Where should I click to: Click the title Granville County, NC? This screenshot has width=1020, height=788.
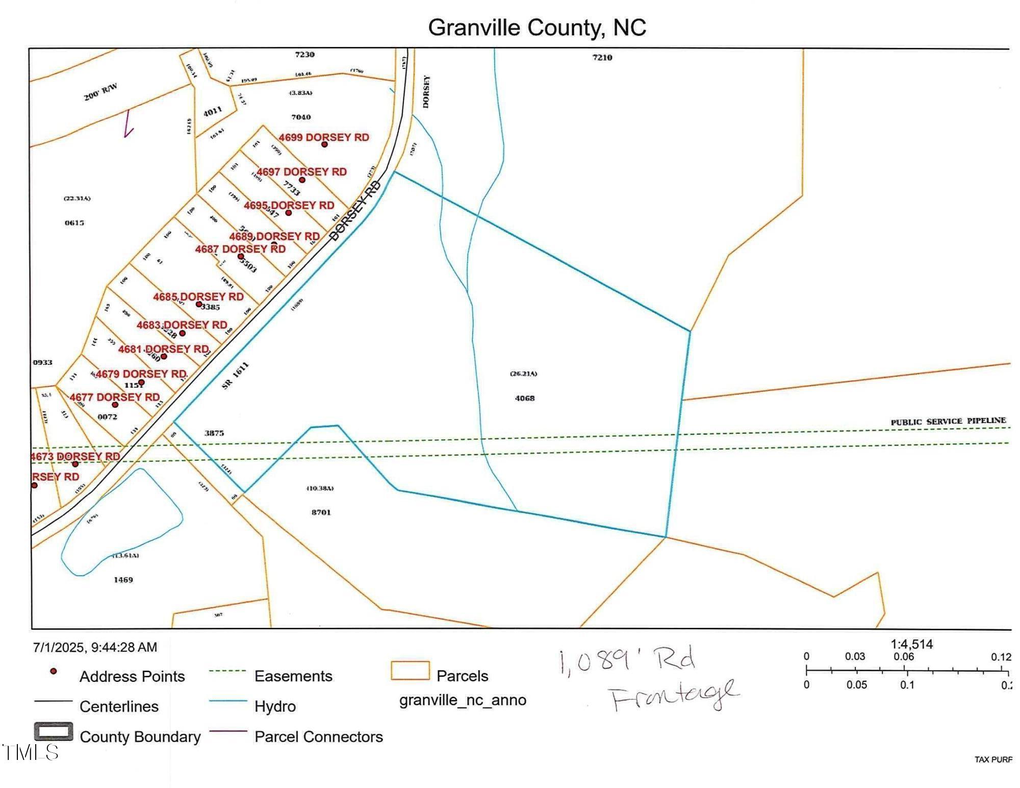tap(537, 28)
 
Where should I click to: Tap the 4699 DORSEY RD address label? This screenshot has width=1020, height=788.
tap(323, 137)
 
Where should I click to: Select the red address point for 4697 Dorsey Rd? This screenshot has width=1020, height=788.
tap(302, 180)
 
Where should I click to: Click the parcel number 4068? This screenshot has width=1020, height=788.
tap(524, 398)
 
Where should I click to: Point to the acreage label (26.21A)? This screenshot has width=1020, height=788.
tap(523, 374)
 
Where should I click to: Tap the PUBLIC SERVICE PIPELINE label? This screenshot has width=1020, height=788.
tap(948, 421)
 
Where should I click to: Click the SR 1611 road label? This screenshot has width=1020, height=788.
tap(236, 376)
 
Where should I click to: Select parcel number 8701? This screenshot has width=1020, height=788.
tap(321, 512)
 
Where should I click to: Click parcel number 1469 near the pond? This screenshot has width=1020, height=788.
tap(123, 580)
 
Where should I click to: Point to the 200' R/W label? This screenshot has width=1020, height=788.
tap(100, 92)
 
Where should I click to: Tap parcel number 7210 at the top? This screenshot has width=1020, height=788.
tap(602, 57)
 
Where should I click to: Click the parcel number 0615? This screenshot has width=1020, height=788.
tap(74, 223)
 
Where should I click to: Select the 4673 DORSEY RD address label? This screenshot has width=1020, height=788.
tap(75, 456)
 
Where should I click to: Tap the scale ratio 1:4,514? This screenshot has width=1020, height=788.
tap(911, 644)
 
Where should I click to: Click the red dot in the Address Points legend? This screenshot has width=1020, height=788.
tap(53, 672)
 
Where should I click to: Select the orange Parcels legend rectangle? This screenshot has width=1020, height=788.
tap(410, 671)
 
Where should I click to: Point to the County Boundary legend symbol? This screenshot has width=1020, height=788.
tap(54, 732)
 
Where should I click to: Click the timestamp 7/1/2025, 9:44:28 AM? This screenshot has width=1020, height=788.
tap(95, 647)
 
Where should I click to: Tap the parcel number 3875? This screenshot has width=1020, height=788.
tap(214, 433)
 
